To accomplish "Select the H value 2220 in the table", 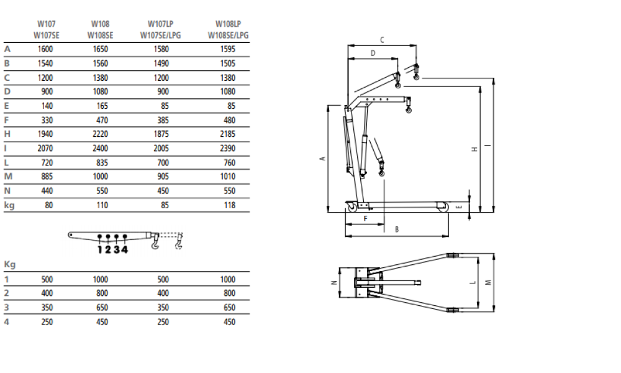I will tap(99, 134).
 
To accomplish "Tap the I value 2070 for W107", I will tap(46, 149).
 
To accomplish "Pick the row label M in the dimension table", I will tap(7, 177).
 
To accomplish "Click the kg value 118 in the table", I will tap(230, 205).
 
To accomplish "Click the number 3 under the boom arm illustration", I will tap(116, 250).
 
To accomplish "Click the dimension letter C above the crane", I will tap(382, 40).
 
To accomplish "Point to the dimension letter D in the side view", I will tap(373, 53).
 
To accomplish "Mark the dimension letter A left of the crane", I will tap(322, 159).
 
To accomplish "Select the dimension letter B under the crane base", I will tap(397, 230).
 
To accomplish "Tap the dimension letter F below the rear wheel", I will tap(365, 219).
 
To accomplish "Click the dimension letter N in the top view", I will tap(333, 282).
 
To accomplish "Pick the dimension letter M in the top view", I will tap(489, 282).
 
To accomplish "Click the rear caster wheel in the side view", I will tap(353, 206).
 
